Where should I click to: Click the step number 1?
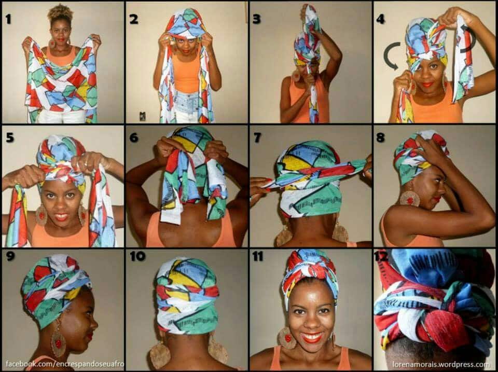(x=8, y=19)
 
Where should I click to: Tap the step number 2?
(x=134, y=19)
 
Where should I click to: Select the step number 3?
(x=257, y=19)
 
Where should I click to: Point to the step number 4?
(x=380, y=19)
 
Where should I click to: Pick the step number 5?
(x=10, y=137)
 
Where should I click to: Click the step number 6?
(x=134, y=137)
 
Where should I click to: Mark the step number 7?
(x=257, y=137)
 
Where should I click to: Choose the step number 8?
(x=380, y=137)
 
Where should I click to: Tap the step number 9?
(x=10, y=256)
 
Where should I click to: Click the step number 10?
(x=137, y=256)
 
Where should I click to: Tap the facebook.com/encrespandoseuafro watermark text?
(x=65, y=364)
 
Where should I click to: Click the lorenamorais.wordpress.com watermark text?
(x=441, y=364)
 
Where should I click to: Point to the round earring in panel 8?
(x=409, y=199)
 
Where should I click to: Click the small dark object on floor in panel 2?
(x=143, y=116)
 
